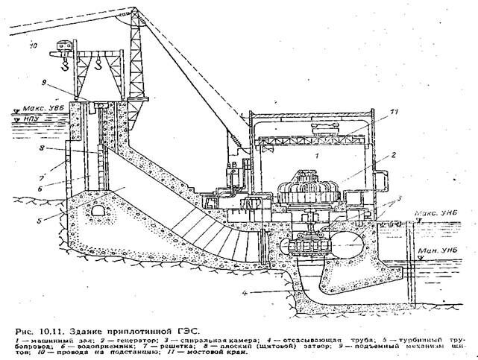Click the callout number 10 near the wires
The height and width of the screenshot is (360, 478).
[34, 45]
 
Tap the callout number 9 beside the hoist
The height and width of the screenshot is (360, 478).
[65, 81]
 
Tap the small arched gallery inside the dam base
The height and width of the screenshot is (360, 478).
[96, 212]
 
